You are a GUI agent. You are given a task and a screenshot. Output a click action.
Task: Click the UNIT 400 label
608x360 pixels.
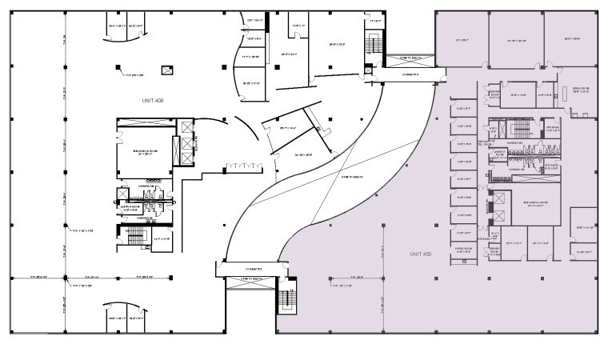pyautogui.click(x=148, y=100)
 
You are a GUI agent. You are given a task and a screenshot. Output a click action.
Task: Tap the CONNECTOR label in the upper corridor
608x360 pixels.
pyautogui.click(x=410, y=74)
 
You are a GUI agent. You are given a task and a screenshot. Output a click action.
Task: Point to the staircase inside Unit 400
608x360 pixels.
pyautogui.click(x=133, y=235)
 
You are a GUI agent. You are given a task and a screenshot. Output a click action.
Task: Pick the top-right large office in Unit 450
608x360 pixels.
pyautogui.click(x=570, y=38)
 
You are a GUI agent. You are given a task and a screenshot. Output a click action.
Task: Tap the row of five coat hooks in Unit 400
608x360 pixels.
pyautogui.click(x=240, y=166)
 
